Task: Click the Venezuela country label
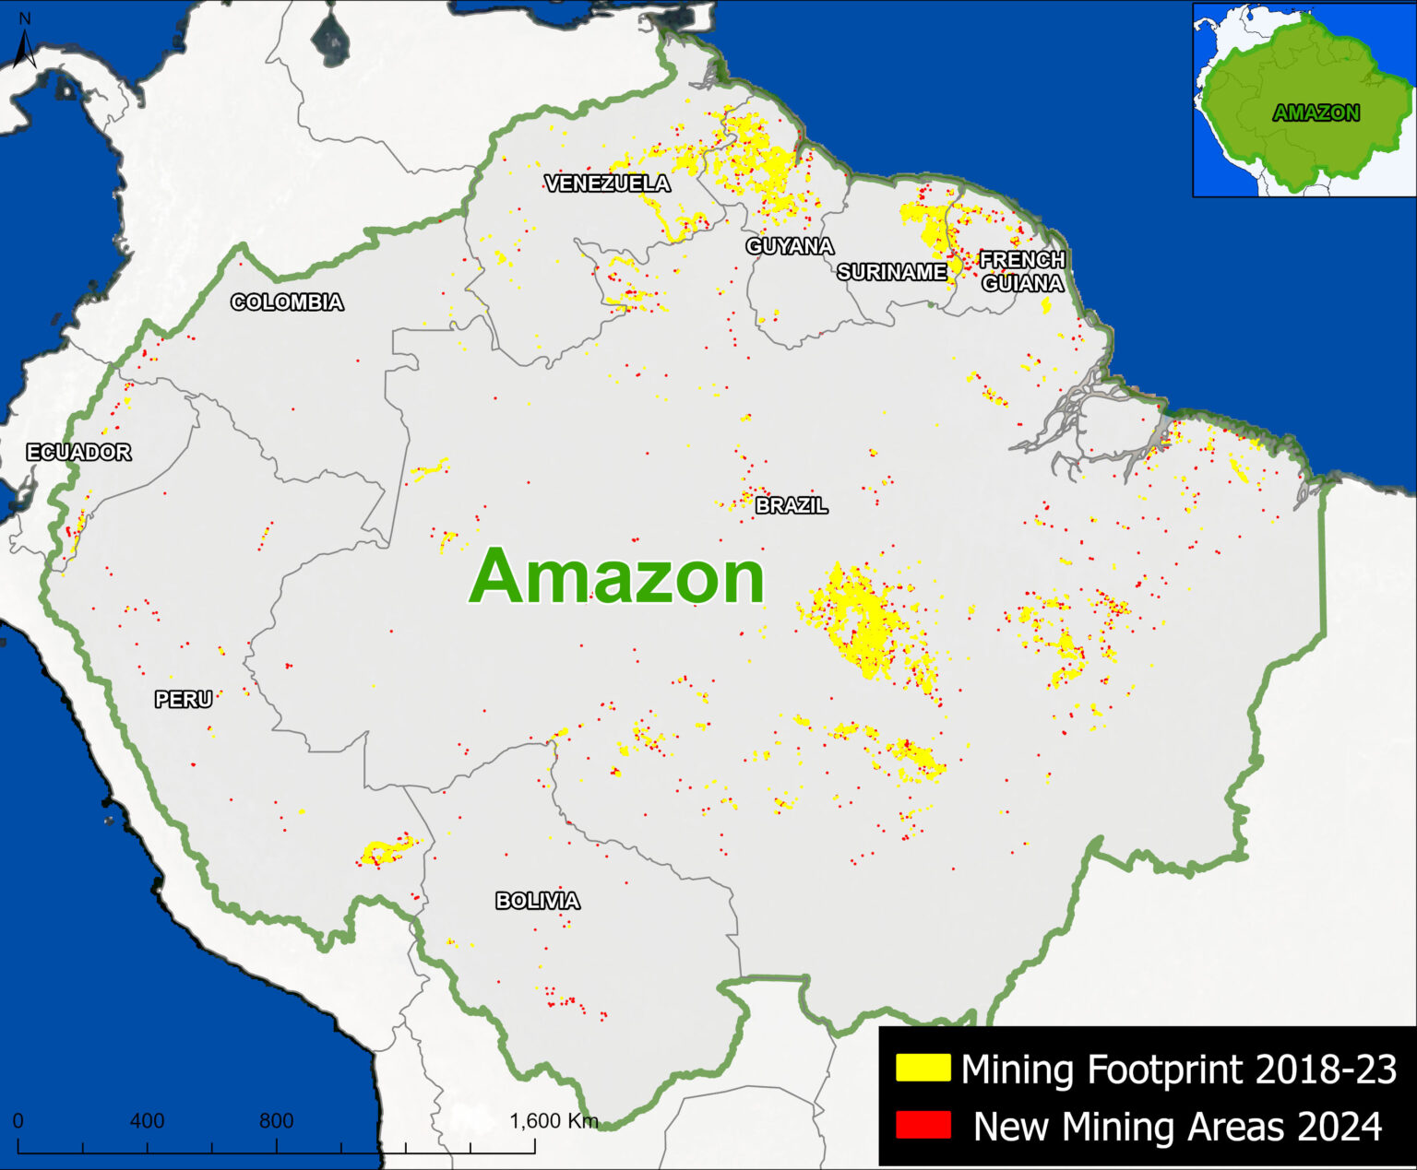[608, 183]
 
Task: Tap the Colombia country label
[287, 302]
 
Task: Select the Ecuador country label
[78, 452]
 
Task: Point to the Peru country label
[184, 700]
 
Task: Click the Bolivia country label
[538, 901]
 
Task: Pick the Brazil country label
[792, 505]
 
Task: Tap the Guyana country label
[790, 246]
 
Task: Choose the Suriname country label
[892, 272]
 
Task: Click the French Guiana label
[1022, 272]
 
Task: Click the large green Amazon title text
[617, 576]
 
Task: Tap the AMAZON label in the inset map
[1316, 112]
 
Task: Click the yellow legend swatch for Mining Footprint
[923, 1069]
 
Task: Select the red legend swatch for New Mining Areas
[923, 1126]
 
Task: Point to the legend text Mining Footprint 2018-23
[1179, 1070]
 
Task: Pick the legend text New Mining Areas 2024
[1178, 1127]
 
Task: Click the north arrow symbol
[25, 46]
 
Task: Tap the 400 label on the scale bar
[147, 1121]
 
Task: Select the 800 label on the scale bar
[276, 1121]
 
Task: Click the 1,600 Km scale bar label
[554, 1121]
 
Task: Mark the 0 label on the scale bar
[18, 1121]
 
